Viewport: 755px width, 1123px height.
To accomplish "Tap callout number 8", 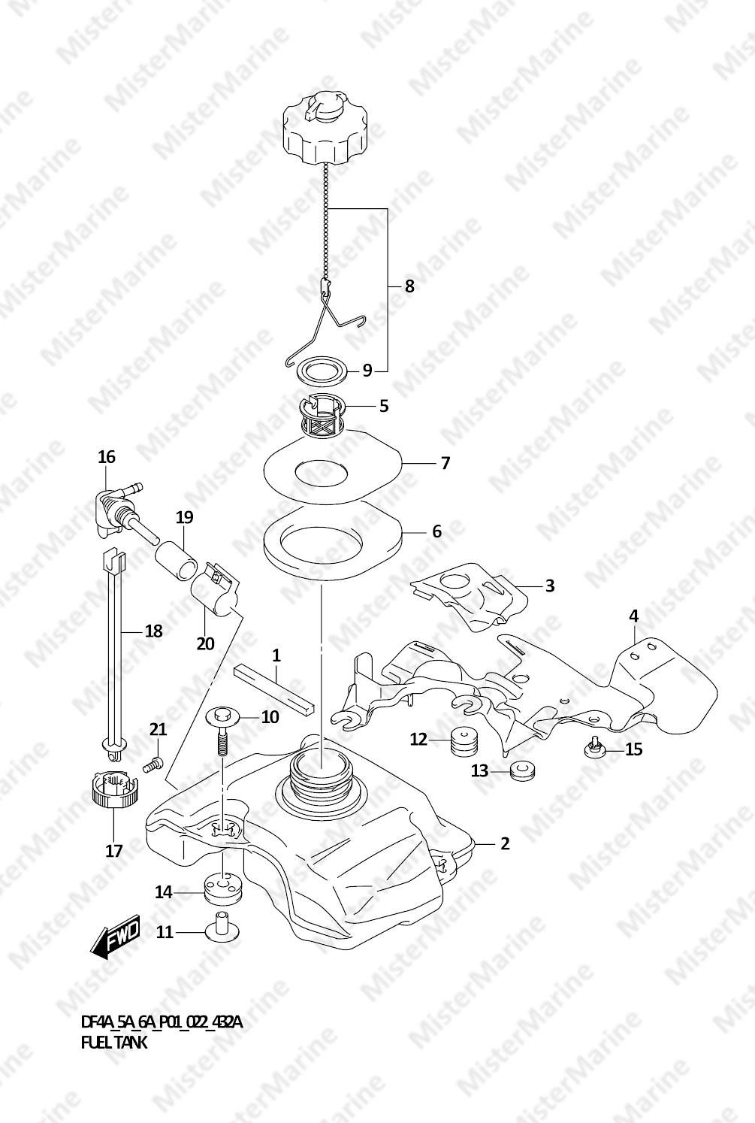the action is [x=409, y=286].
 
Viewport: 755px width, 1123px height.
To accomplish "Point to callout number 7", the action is [x=445, y=463].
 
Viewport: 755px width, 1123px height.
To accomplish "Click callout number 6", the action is [x=437, y=531].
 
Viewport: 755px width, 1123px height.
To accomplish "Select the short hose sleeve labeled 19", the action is [x=177, y=561].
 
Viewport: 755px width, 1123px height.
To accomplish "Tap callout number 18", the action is [x=154, y=631].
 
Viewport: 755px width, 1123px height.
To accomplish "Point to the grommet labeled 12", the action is [x=464, y=741].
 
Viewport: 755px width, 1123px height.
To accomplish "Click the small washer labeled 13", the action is [x=521, y=770].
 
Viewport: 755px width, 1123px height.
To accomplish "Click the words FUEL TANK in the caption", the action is [x=114, y=1043].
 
